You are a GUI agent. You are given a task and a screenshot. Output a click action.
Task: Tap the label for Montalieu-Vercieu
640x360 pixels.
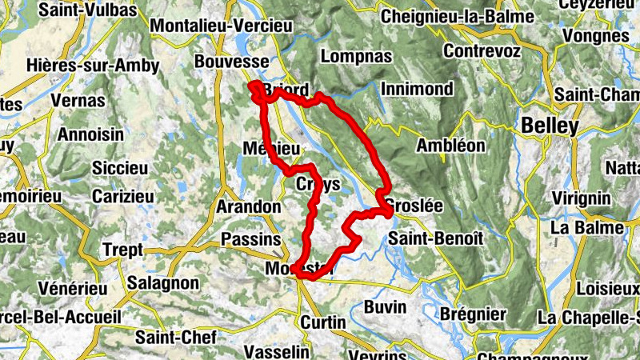tap(222, 26)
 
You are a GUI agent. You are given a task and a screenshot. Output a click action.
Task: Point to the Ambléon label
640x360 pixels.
tap(451, 146)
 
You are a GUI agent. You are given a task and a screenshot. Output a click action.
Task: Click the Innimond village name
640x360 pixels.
tap(417, 89)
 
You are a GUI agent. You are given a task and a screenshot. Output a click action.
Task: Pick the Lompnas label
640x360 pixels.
tap(355, 56)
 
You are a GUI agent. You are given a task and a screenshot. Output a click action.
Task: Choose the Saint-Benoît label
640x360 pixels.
tap(435, 238)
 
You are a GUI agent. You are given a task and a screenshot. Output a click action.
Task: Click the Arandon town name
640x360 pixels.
tap(249, 207)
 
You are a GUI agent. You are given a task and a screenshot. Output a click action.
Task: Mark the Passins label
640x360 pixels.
tap(251, 239)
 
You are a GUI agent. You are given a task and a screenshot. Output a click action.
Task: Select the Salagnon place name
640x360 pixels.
tap(162, 283)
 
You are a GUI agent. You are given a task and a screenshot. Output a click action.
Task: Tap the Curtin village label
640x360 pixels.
tap(323, 322)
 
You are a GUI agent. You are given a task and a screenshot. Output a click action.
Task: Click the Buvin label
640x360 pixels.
tap(385, 306)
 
